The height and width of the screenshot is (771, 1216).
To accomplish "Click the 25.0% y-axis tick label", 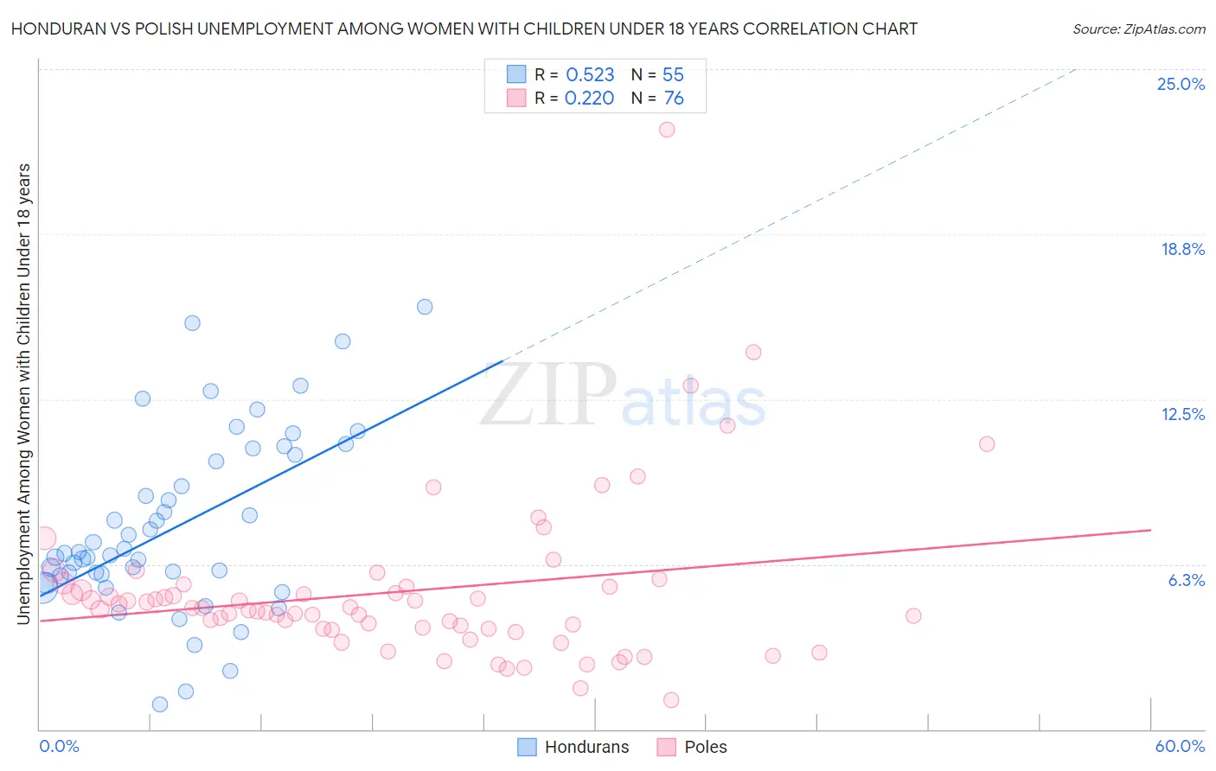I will (x=1181, y=84).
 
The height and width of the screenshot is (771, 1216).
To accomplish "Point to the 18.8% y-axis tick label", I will (x=1182, y=249).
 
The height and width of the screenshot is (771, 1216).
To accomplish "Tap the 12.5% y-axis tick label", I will (x=1182, y=414).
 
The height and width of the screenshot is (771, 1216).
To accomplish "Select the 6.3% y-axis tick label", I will (x=1186, y=580).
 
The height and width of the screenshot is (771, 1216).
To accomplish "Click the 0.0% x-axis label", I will (x=59, y=746).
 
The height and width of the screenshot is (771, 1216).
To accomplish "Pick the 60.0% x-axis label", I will (x=1180, y=746).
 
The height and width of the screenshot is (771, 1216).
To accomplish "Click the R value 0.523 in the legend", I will (x=590, y=75).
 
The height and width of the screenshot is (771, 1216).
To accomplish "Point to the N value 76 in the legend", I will (x=674, y=99).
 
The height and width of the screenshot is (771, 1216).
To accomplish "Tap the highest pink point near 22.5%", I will (x=667, y=130).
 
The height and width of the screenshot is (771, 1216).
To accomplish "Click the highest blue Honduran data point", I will (x=425, y=307).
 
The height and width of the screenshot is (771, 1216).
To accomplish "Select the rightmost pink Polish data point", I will (x=987, y=444).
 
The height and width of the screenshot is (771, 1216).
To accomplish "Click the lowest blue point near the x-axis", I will (x=160, y=704).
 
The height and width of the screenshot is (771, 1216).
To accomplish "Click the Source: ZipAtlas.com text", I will (x=1138, y=29).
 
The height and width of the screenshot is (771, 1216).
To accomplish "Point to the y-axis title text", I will (x=23, y=393).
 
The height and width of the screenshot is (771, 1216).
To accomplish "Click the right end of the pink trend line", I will (x=1150, y=530).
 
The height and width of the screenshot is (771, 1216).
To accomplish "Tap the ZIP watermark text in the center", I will (x=548, y=395).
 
